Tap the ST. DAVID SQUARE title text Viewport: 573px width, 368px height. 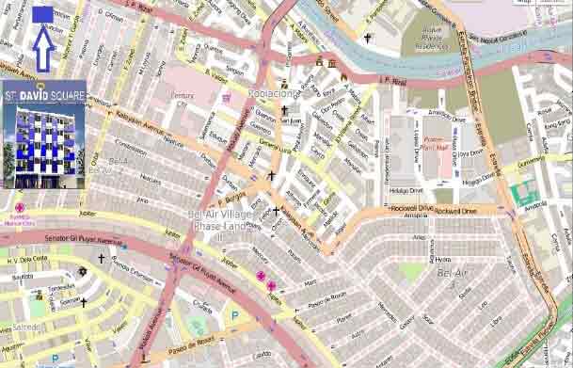tap(44, 96)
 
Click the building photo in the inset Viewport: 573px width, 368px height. tap(44, 145)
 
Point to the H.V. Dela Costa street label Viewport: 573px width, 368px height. tap(27, 260)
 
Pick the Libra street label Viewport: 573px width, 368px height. tap(494, 325)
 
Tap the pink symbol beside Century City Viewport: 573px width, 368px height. tap(226, 97)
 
